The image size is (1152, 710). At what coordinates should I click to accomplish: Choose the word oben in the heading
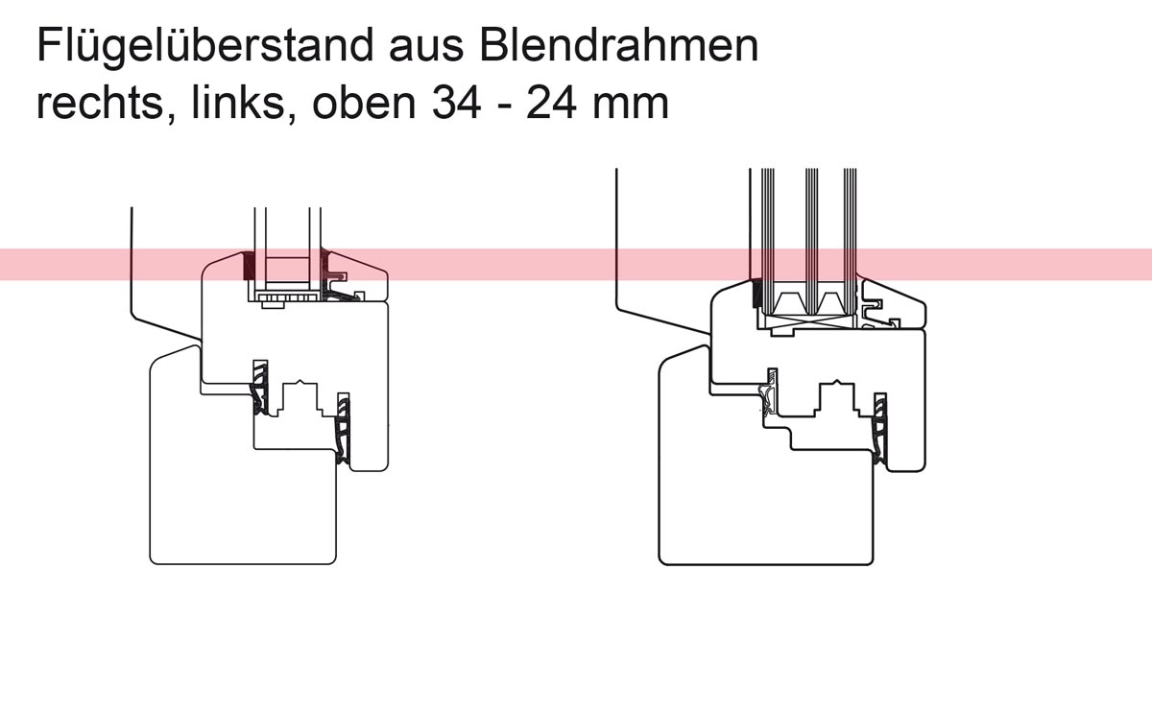[364, 104]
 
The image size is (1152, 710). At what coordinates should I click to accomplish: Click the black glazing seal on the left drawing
[249, 266]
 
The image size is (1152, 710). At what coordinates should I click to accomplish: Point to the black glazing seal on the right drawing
[757, 294]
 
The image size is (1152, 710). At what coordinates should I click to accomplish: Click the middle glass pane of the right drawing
[811, 242]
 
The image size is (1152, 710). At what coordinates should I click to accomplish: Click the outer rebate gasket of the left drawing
[260, 387]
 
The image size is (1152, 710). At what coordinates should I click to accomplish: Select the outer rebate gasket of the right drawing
[769, 394]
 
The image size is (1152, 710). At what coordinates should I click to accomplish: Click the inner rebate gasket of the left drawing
[343, 428]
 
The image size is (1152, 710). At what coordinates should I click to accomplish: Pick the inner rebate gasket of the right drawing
[879, 428]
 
